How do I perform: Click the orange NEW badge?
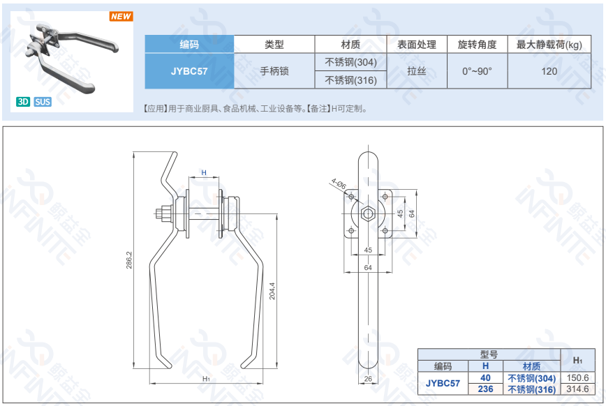click(121, 17)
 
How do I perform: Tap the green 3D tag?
click(23, 102)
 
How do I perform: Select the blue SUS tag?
click(43, 102)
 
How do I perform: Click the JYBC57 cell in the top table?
click(189, 71)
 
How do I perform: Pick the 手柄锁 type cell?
click(274, 71)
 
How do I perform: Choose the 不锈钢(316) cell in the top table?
click(350, 80)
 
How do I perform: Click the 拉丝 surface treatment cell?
click(417, 71)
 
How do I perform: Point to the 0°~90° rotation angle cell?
click(477, 71)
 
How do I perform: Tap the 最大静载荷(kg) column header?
click(549, 45)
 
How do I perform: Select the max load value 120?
click(549, 71)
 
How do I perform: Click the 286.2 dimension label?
click(129, 261)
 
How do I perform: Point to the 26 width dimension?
click(368, 379)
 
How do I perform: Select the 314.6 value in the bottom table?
click(577, 389)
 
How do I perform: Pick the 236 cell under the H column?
click(485, 389)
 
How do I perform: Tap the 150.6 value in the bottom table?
click(577, 377)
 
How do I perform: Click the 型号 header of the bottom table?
click(489, 354)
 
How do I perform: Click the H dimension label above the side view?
click(204, 172)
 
